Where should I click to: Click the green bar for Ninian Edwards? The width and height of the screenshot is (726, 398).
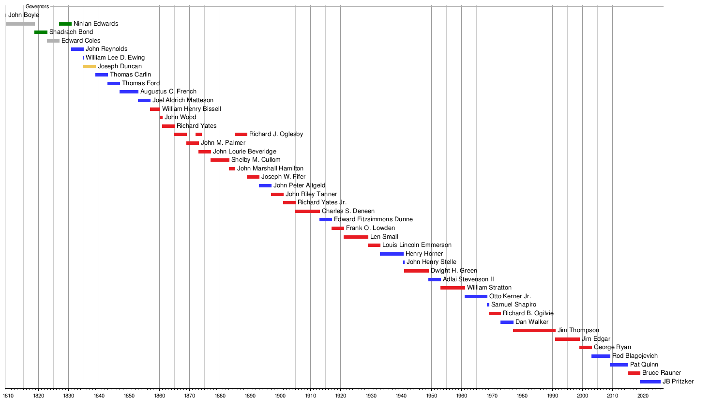coord(65,24)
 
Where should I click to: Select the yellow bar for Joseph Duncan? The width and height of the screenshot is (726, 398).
coord(90,66)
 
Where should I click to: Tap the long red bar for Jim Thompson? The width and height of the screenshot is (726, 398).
coord(534,331)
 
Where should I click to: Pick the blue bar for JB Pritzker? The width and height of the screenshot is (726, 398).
coord(650,382)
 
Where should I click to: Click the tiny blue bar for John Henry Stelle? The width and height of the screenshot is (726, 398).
coord(404,262)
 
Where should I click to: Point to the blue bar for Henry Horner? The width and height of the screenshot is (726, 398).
coord(392,254)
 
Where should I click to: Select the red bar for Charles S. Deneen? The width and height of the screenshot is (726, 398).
coord(307,211)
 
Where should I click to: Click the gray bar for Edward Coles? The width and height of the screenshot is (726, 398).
coord(53,41)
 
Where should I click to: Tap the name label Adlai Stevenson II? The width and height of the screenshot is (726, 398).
coord(468,279)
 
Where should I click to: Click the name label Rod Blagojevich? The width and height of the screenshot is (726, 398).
coord(635,356)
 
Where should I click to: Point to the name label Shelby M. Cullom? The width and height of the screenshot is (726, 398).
coord(256,160)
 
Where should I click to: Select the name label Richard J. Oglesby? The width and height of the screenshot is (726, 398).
coord(276,134)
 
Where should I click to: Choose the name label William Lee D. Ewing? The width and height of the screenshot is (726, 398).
coord(115,58)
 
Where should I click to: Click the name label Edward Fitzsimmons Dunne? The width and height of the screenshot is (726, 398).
coord(373,219)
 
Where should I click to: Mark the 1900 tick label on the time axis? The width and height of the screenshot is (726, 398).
coord(280,396)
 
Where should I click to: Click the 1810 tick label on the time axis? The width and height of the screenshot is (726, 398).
coord(8,396)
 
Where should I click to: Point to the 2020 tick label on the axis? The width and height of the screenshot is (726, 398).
coord(643,396)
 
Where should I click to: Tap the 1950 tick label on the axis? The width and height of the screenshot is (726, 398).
coord(431,396)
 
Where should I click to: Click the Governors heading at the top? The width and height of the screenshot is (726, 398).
coord(37,6)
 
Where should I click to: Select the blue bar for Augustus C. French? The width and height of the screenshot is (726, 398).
coord(129,92)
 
